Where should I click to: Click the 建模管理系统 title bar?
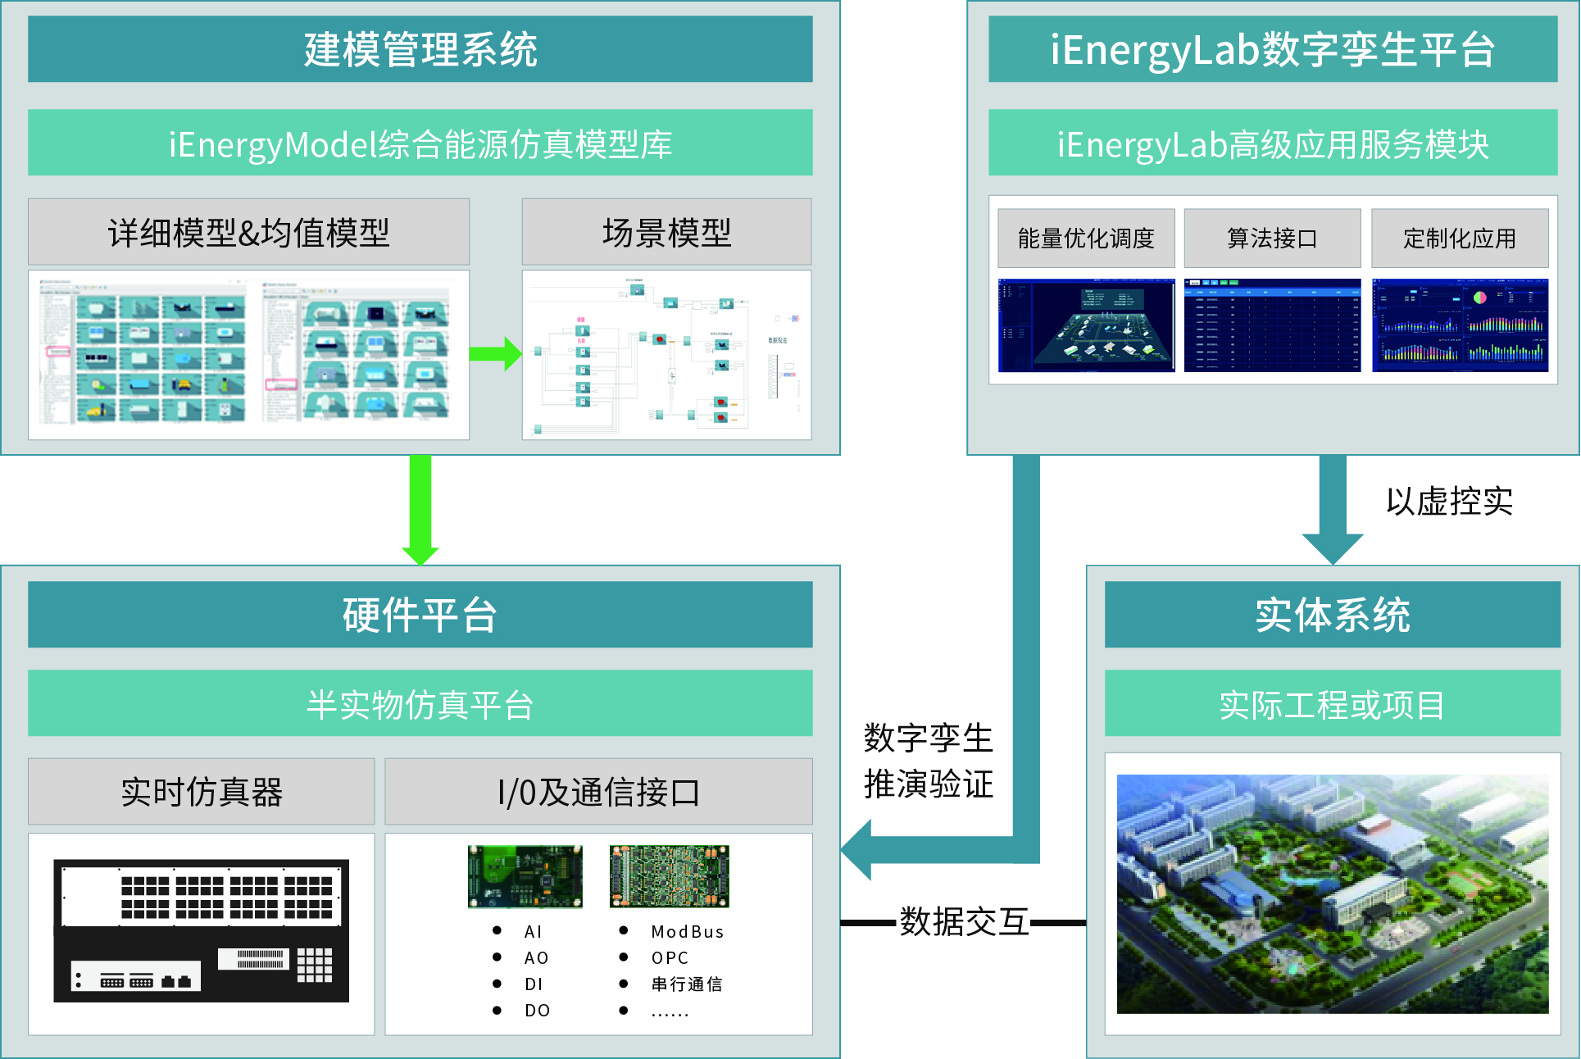420,49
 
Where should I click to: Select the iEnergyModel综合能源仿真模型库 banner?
420,143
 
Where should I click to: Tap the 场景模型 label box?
666,232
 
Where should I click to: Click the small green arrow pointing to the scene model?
495,354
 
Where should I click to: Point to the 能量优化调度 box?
1085,239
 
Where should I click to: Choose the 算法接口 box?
1271,239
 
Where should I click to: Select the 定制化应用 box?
1459,239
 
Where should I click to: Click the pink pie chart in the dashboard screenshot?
1479,298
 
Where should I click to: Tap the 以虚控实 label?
1448,501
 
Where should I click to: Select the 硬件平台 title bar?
420,615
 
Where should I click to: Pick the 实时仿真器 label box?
202,792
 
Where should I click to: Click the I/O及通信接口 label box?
598,792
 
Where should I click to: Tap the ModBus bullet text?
687,932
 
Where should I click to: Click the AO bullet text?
536,958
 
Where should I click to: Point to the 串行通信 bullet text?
686,984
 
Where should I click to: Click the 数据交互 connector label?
964,922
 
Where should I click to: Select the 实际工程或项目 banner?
1332,704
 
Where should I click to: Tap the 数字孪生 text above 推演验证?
928,738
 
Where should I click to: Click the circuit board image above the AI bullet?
525,876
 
